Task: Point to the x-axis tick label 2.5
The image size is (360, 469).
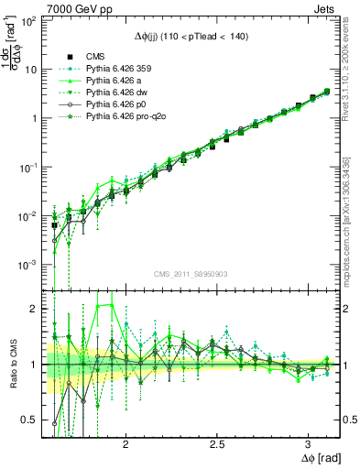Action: pyautogui.click(x=217, y=442)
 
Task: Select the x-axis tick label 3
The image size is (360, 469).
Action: pyautogui.click(x=307, y=442)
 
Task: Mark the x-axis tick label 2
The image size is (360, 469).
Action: pyautogui.click(x=126, y=442)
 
